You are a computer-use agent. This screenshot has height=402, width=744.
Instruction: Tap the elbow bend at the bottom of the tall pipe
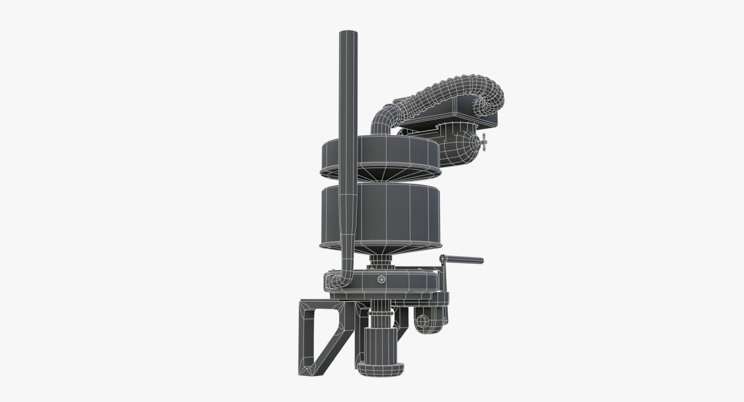click(x=344, y=279)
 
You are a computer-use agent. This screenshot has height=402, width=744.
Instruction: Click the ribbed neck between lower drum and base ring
click(x=381, y=261)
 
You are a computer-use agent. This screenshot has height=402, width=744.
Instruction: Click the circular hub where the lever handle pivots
click(x=443, y=258)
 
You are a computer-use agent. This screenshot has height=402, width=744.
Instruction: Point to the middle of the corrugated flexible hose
click(x=442, y=88)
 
